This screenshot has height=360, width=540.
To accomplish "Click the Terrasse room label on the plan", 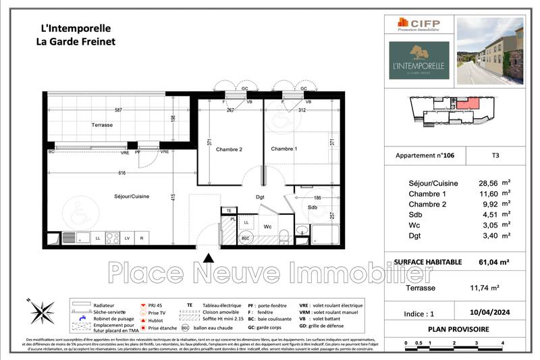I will pos(102,126).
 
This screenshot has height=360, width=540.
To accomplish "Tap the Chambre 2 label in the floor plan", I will pos(228,149).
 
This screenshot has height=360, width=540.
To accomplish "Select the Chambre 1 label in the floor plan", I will pos(283,149).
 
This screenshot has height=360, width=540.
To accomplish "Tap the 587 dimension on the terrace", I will pos(117,109).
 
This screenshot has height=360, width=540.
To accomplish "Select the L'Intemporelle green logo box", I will pos(418,60).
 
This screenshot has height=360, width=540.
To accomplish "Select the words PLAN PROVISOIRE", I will pos(459,329).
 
